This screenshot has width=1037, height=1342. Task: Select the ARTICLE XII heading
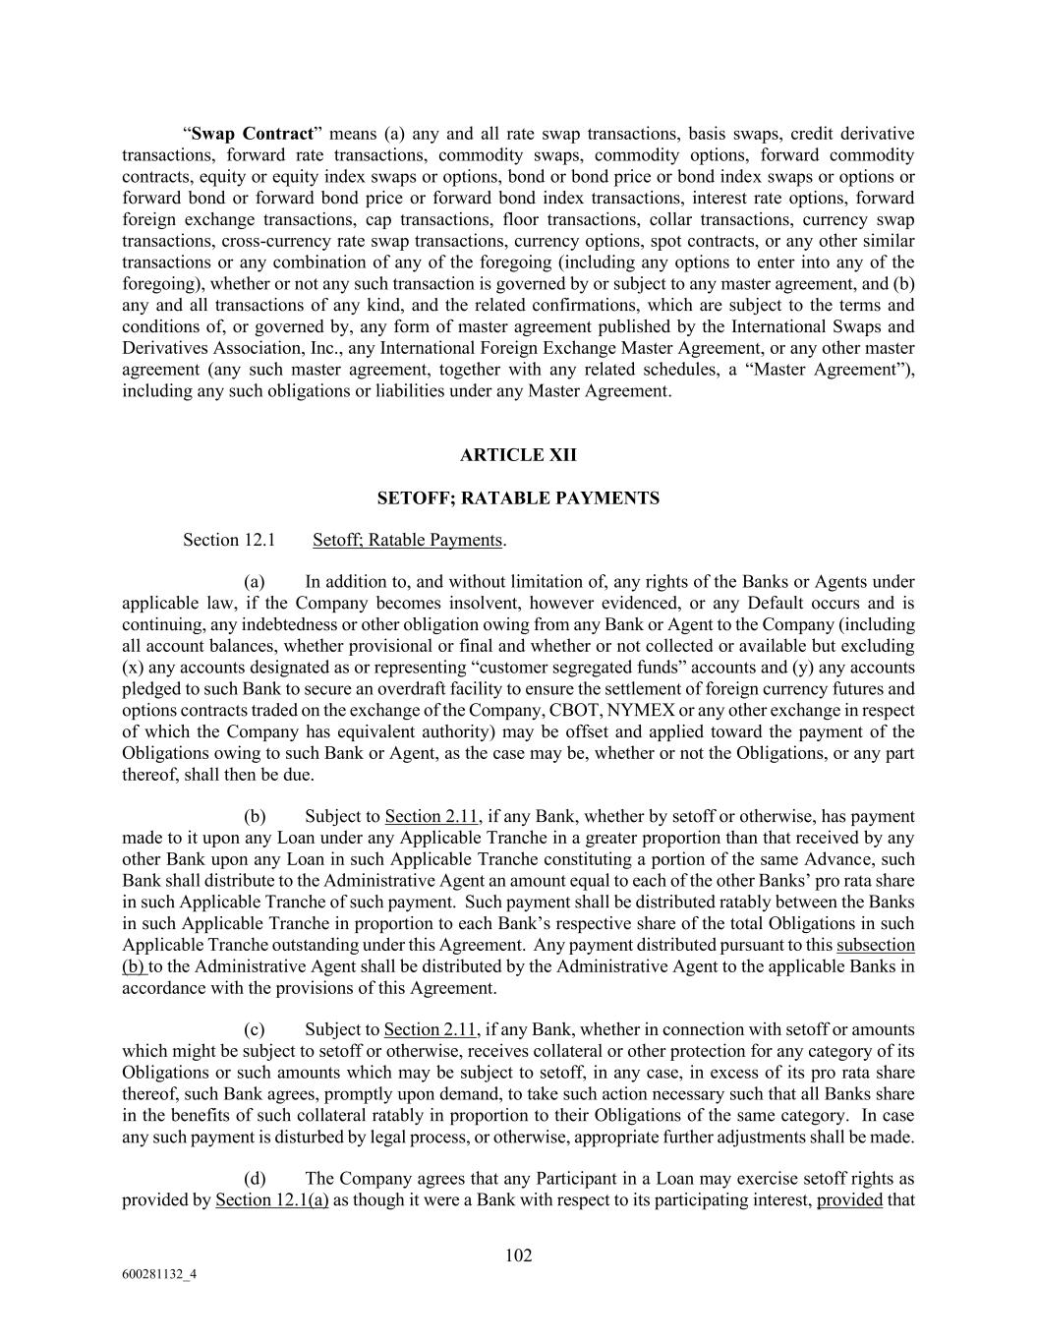pos(518,455)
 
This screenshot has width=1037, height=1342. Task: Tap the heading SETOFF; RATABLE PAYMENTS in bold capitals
pos(518,498)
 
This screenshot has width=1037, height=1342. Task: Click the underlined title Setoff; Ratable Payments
pos(407,540)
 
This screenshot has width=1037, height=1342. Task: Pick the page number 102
pos(518,1255)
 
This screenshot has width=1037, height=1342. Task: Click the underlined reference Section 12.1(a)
pos(272,1199)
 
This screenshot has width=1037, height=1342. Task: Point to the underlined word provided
pos(849,1199)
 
